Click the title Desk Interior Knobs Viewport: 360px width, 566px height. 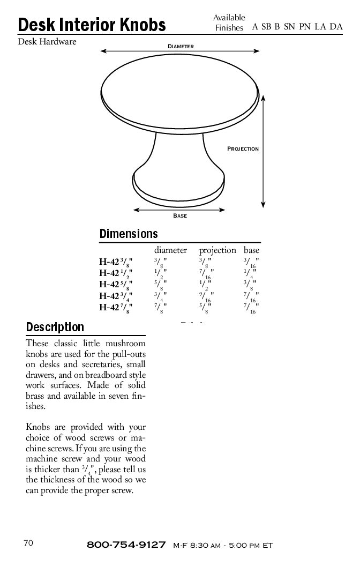coord(92,25)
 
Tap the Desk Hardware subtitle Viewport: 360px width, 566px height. coord(47,41)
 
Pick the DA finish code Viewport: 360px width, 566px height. coord(336,27)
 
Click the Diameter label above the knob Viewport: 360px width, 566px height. coord(181,47)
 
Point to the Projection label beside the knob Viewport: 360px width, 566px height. coord(243,148)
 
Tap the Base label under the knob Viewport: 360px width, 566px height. coord(180,216)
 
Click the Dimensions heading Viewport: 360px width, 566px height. coord(129,234)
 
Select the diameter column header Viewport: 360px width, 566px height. coord(170,250)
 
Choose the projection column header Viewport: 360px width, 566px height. coord(217,250)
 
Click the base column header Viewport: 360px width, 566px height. coord(251,250)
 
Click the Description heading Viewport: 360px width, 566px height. coord(55,327)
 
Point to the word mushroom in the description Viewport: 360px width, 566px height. coord(124,344)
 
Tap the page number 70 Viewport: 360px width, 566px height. coord(29,543)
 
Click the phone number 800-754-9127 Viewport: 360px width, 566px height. coord(126,545)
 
